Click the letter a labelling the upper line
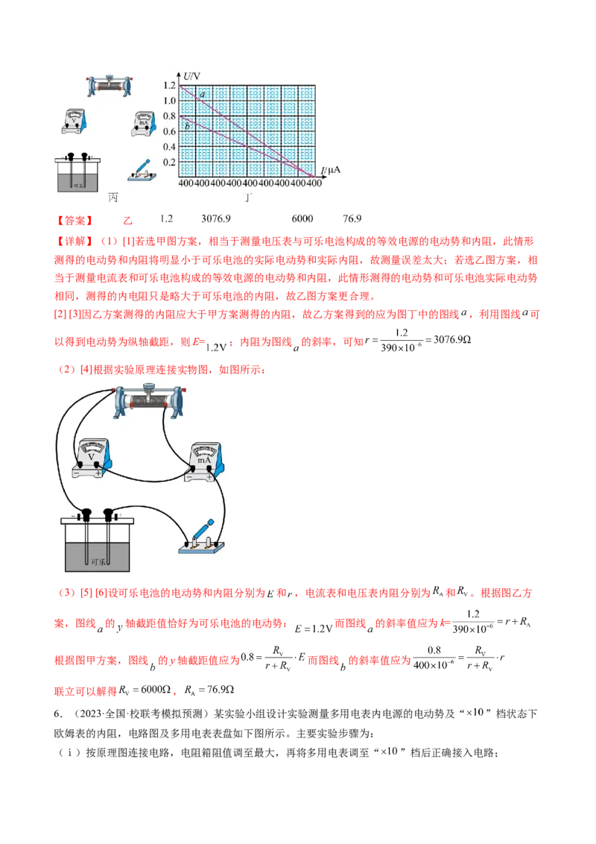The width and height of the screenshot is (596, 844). click(x=201, y=95)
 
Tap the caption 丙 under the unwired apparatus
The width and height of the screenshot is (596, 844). click(x=113, y=197)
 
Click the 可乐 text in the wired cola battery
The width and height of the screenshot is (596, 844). click(x=98, y=563)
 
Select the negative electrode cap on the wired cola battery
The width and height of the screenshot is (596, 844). click(x=86, y=514)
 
